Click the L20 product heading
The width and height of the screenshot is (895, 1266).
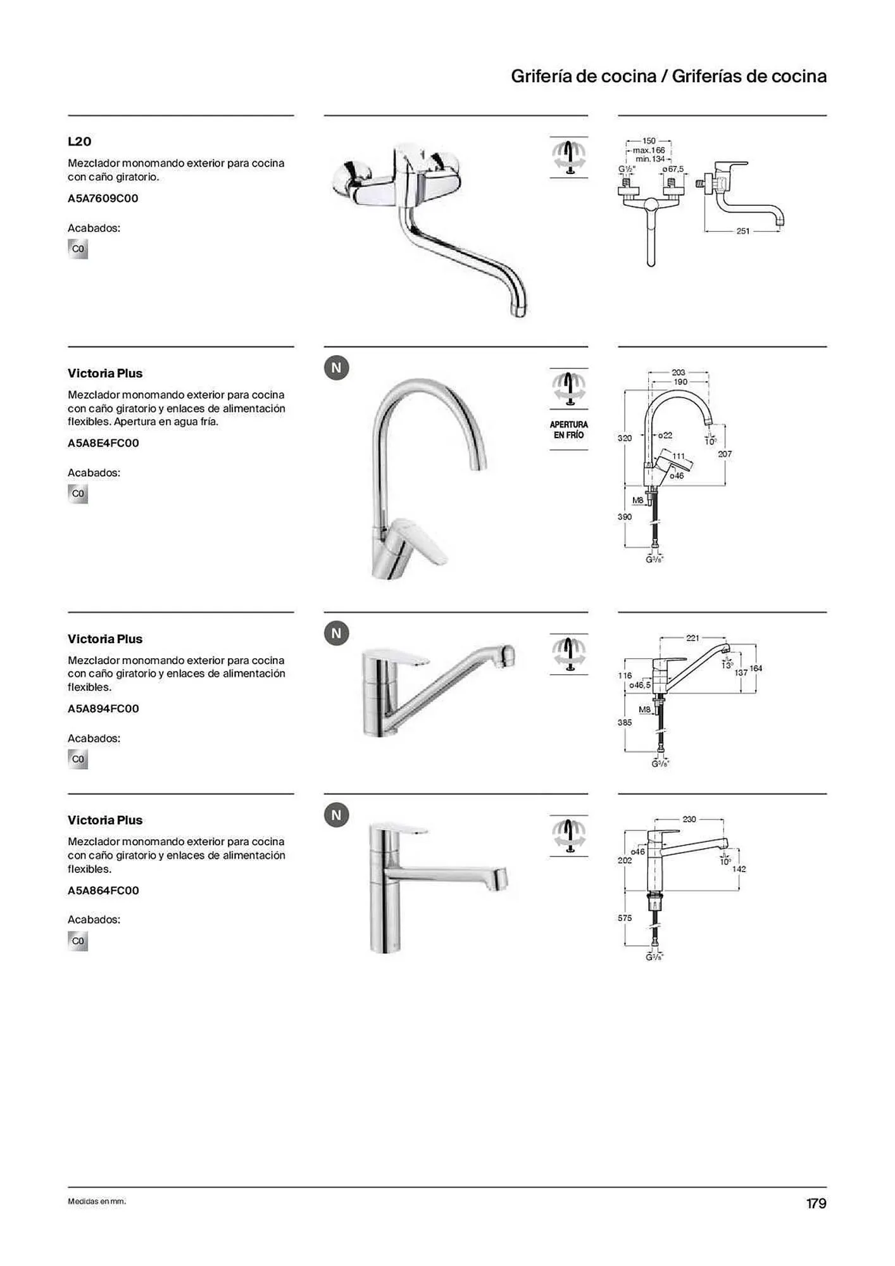click(x=80, y=142)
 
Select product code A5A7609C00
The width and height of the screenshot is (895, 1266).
click(x=103, y=199)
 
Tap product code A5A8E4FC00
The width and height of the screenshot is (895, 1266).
click(x=103, y=443)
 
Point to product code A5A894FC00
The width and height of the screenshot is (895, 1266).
click(x=103, y=709)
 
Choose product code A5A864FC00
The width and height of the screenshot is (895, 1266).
click(x=103, y=891)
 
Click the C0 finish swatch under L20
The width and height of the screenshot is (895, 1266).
click(x=78, y=249)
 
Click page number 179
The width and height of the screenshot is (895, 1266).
click(x=816, y=1203)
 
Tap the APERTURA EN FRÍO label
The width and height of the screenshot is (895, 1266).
click(x=568, y=430)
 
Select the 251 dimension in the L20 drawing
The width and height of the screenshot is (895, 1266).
click(x=742, y=232)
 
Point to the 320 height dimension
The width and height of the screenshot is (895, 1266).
click(x=625, y=438)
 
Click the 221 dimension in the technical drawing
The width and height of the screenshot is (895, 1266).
click(x=693, y=638)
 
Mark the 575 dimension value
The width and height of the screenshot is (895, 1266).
click(x=625, y=918)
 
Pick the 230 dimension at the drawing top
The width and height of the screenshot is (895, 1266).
click(x=689, y=819)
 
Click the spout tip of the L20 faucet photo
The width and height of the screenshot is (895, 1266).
click(x=519, y=311)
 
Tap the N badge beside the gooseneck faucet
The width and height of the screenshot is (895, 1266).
click(x=337, y=368)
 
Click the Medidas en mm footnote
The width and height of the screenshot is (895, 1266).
click(x=97, y=1201)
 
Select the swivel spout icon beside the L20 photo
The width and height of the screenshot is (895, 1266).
click(x=568, y=156)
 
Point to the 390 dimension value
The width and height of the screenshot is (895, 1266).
click(x=625, y=517)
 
